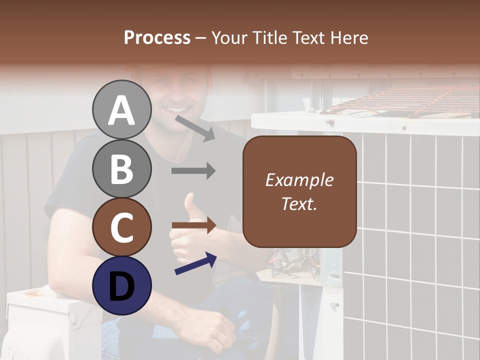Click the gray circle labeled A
click(121, 109)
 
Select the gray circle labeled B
click(121, 168)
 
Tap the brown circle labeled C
click(121, 227)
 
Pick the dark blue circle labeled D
click(121, 285)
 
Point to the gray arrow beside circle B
click(193, 171)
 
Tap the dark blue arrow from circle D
click(195, 263)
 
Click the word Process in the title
click(157, 37)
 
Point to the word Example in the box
click(299, 180)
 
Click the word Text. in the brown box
click(299, 203)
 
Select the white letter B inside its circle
click(121, 168)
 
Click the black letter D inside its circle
click(121, 286)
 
